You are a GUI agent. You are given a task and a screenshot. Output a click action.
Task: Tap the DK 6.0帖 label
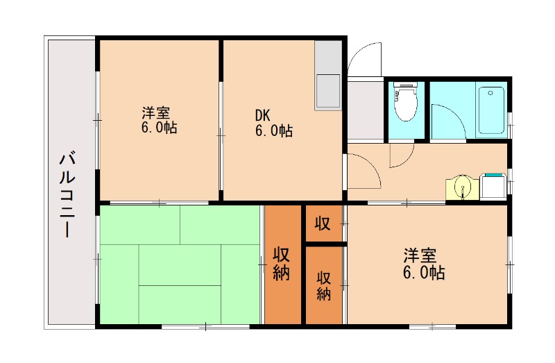pyautogui.click(x=272, y=123)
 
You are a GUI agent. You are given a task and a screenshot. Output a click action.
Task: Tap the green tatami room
pyautogui.click(x=180, y=264)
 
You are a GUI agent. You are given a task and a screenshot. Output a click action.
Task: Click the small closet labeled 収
pyautogui.click(x=323, y=223)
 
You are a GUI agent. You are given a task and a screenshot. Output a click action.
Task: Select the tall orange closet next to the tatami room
pyautogui.click(x=282, y=264)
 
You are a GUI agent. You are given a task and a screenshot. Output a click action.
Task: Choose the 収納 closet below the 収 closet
pyautogui.click(x=323, y=285)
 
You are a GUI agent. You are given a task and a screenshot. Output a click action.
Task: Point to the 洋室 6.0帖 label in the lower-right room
pyautogui.click(x=424, y=263)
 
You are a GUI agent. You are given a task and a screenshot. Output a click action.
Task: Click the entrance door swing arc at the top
pyautogui.click(x=365, y=58)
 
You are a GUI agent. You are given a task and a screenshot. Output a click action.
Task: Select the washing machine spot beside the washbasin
pyautogui.click(x=493, y=186)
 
